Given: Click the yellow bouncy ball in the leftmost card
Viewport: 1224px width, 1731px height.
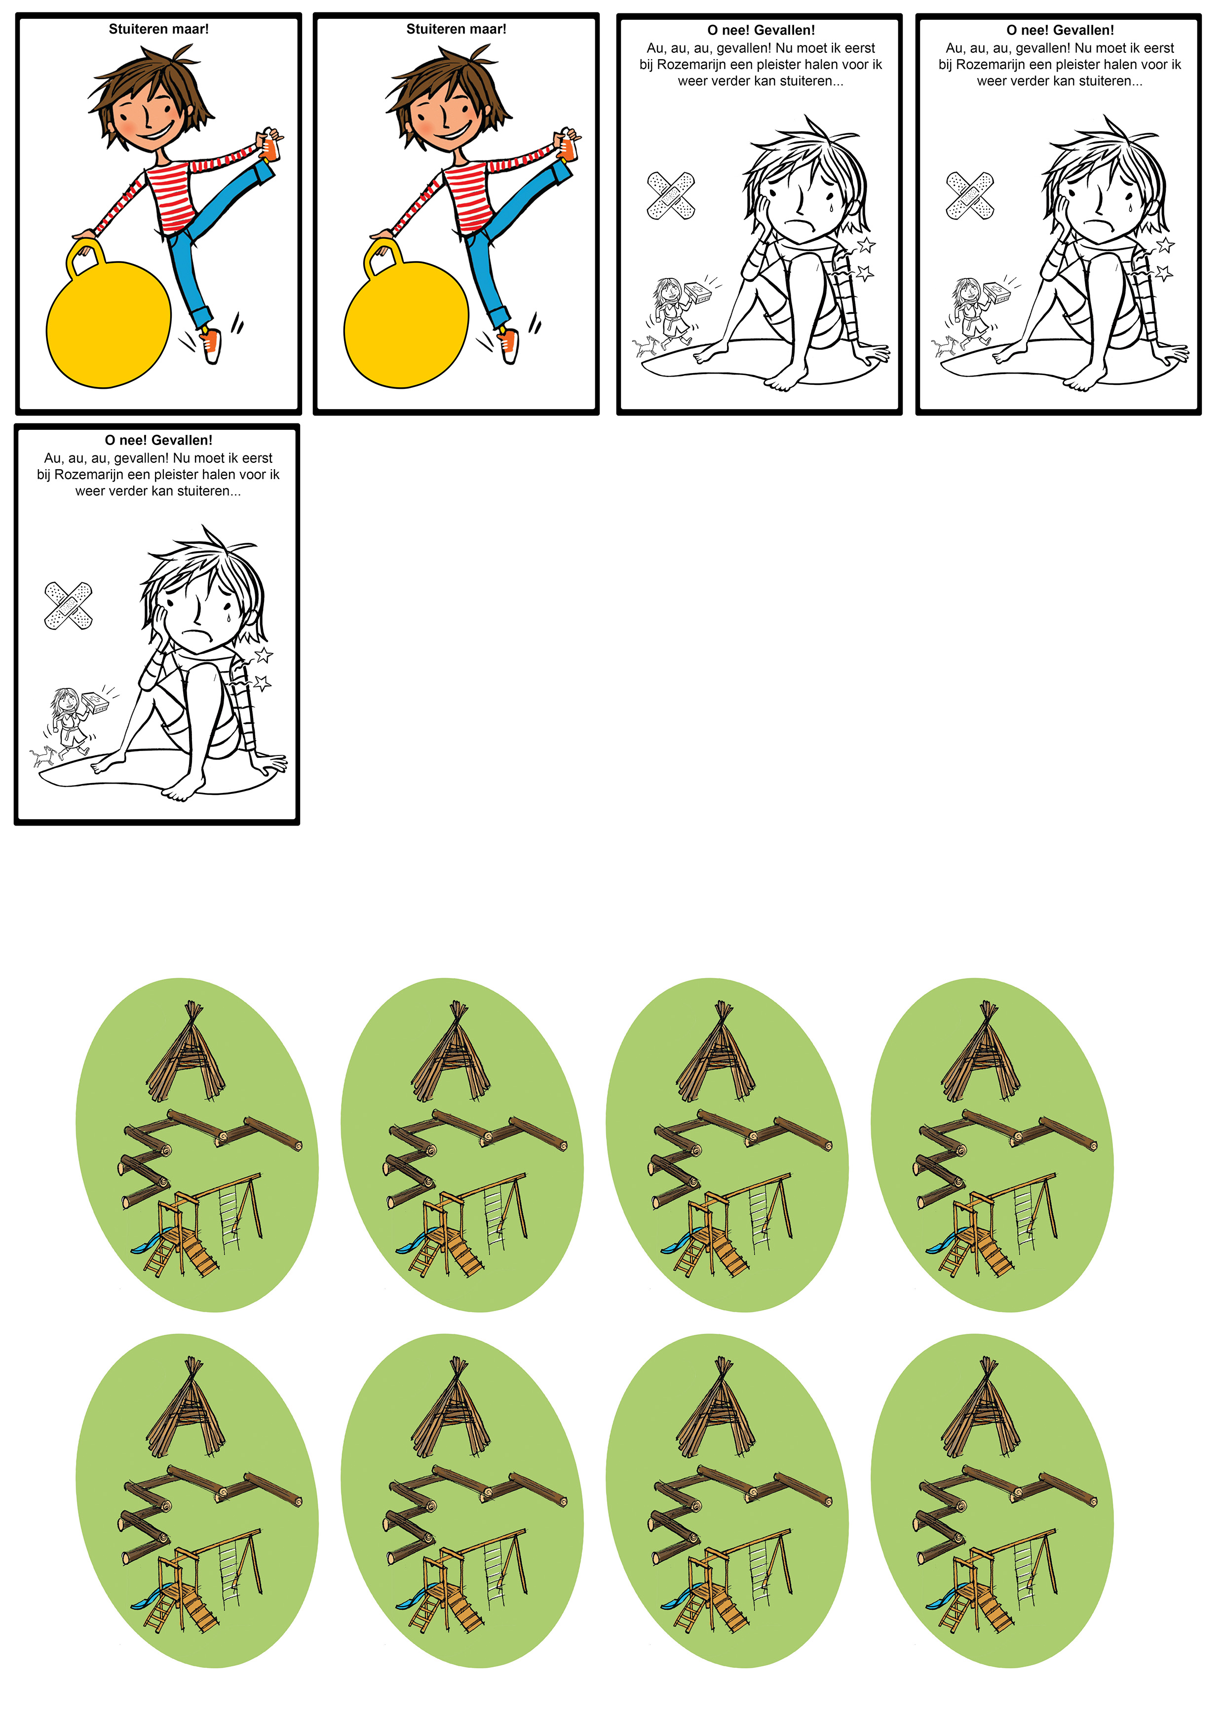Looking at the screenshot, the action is coord(109,324).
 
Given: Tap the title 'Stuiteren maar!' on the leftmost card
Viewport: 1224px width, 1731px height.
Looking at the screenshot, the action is coord(158,30).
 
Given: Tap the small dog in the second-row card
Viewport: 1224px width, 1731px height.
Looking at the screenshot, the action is coord(42,756).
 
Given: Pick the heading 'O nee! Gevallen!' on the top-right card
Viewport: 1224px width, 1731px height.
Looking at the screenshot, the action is coord(1060,30).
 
